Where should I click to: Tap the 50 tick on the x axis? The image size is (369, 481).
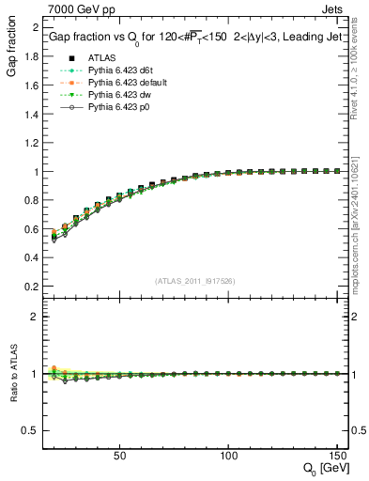point(119,456)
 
